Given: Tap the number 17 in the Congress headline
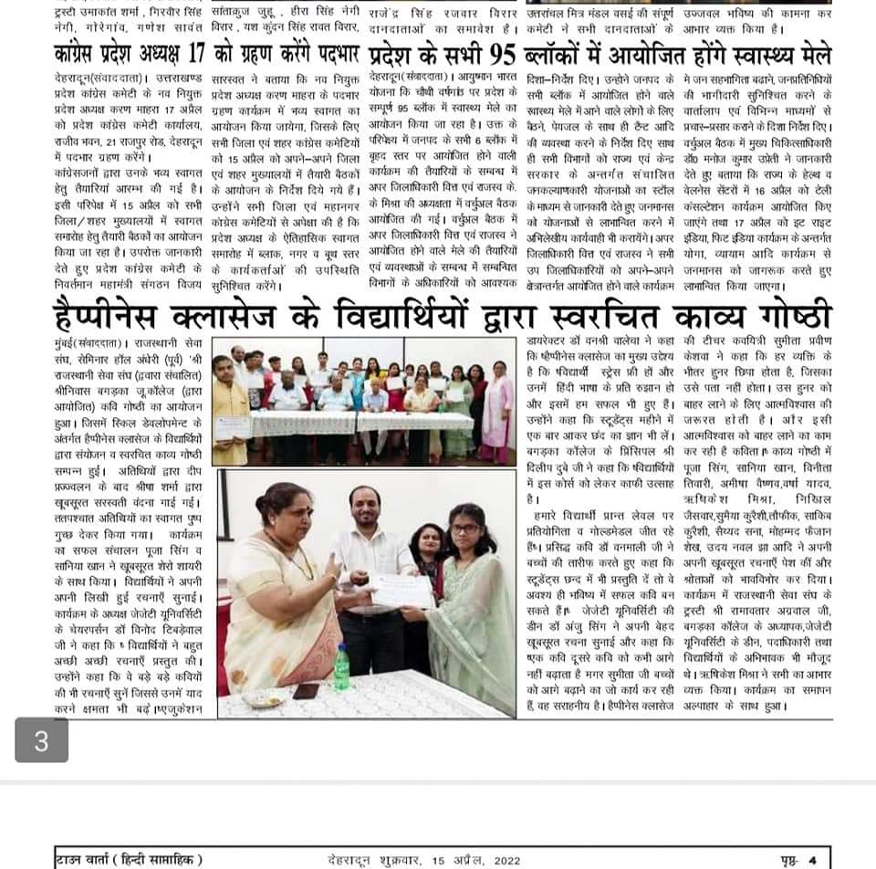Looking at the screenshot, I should click(x=219, y=51).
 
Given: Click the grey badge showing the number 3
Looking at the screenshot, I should click(x=41, y=739).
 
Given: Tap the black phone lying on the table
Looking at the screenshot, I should click(x=306, y=691).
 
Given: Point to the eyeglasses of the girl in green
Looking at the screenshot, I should click(x=464, y=529).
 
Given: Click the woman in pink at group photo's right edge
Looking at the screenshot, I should click(x=498, y=411).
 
